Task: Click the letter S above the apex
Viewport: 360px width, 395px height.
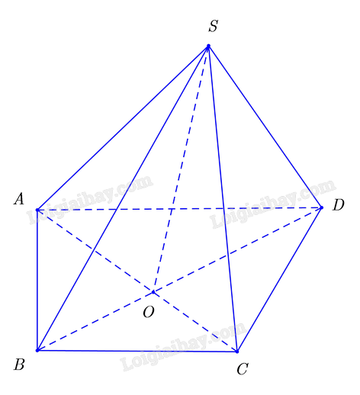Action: pos(214,26)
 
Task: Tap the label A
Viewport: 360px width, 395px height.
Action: pos(19,198)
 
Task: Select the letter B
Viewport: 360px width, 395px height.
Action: pos(19,364)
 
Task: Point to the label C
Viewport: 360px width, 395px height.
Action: pos(243,369)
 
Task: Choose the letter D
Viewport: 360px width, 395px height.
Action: pos(339,205)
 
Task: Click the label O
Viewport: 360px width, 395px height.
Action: pos(149,312)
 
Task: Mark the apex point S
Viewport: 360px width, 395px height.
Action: pos(208,46)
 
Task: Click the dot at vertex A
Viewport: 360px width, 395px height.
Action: pos(37,210)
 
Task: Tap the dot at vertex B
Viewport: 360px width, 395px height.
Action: pos(37,350)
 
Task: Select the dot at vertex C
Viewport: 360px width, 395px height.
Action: pos(237,352)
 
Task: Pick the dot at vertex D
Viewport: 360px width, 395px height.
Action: pos(322,207)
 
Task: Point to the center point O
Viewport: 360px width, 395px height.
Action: pos(153,292)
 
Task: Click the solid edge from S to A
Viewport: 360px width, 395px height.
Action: pos(123,128)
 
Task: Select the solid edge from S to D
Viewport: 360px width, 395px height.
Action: pos(265,127)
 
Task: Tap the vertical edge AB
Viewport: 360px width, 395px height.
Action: pos(37,280)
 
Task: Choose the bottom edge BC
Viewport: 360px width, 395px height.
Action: pos(137,351)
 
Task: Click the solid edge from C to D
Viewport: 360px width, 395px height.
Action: pos(279,280)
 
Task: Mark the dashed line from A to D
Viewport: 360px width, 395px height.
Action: pos(179,209)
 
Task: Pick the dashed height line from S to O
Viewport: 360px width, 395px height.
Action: pos(181,169)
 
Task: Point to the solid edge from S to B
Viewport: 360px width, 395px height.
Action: pos(123,198)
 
